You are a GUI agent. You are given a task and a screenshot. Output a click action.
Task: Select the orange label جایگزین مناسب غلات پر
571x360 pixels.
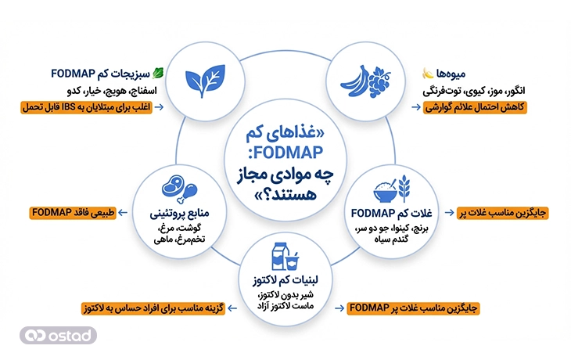(x=497, y=212)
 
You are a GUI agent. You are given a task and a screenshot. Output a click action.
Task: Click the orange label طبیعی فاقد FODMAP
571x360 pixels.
(x=73, y=213)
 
